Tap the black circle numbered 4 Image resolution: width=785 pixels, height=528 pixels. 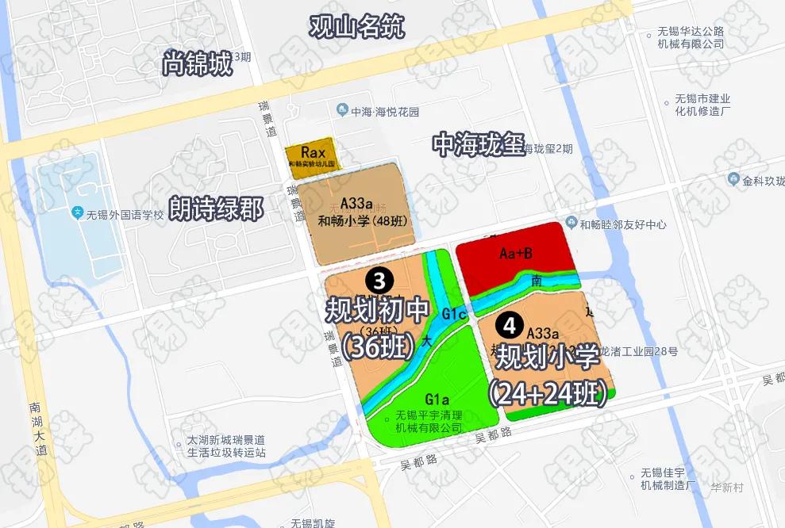pos(509,325)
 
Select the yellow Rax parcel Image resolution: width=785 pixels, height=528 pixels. pos(310,155)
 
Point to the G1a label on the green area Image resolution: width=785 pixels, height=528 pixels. pos(437,398)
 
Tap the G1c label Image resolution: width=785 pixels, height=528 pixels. pos(453,314)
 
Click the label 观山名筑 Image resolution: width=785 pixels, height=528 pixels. pos(357,27)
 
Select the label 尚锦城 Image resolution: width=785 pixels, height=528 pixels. pos(197,63)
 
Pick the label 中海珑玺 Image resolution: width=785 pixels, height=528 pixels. pos(479,145)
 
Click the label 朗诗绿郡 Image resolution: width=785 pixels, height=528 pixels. pos(216,209)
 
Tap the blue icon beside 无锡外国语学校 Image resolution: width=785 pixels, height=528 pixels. pos(77,212)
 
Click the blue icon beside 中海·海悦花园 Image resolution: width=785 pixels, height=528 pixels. pos(342,110)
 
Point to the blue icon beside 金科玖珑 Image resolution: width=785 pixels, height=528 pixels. pos(734,180)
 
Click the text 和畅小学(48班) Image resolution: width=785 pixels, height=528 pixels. pos(362,221)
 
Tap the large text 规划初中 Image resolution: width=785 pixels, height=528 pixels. pos(377,310)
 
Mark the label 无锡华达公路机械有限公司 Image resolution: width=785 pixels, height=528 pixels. pos(691,37)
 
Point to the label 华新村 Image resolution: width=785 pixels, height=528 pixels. pos(726,488)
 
